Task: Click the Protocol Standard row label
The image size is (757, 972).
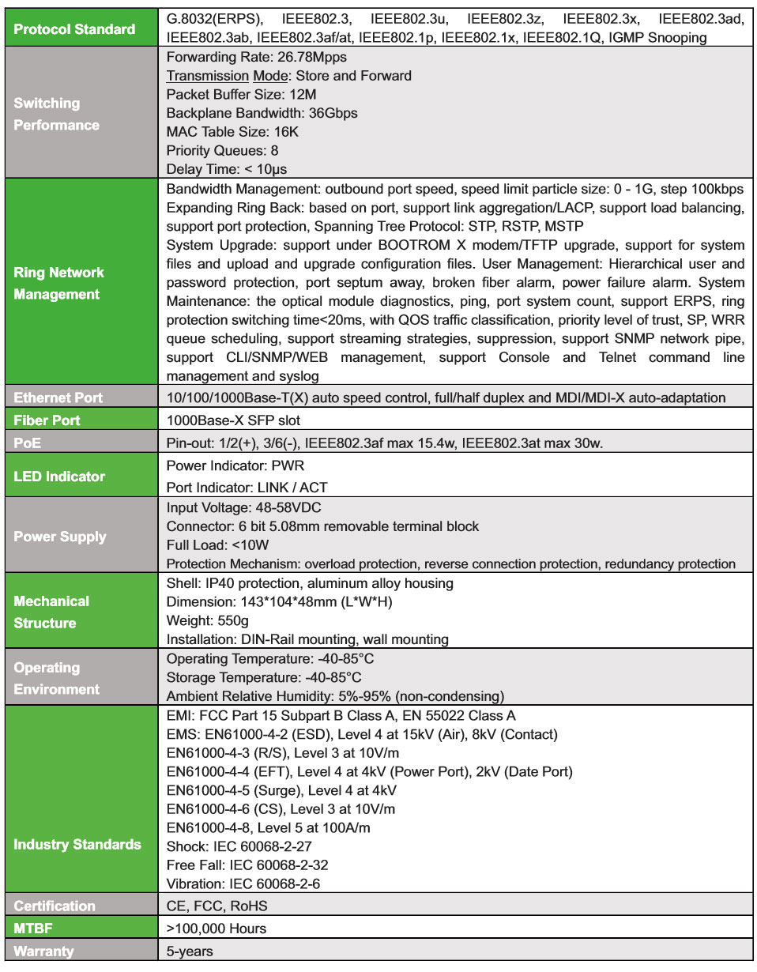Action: [74, 29]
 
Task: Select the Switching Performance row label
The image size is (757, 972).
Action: [57, 114]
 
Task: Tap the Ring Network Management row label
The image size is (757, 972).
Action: [58, 283]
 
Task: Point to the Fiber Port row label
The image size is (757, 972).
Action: [47, 420]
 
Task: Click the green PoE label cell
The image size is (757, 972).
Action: [27, 443]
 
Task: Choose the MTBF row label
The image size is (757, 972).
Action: [33, 929]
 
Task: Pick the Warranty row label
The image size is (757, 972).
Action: [43, 951]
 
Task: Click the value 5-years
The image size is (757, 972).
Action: [190, 951]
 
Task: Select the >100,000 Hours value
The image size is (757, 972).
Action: [217, 929]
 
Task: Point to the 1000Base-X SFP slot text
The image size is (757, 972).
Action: [233, 420]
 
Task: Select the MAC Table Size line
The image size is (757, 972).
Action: [232, 131]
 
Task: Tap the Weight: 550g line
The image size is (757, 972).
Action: [209, 620]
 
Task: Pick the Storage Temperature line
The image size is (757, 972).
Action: [264, 677]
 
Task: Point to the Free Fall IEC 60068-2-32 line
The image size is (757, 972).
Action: [247, 865]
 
